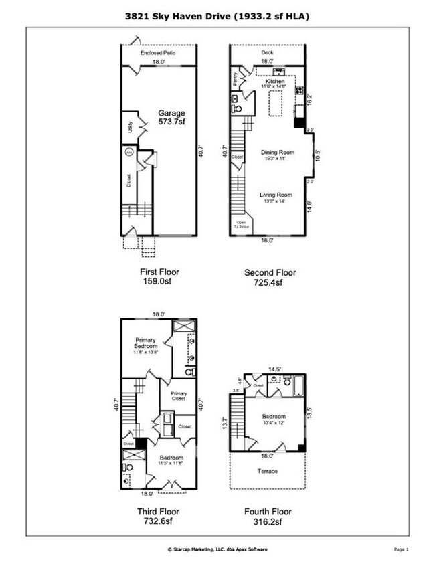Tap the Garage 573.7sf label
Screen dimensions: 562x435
pos(171,118)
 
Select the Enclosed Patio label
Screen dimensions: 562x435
pos(158,52)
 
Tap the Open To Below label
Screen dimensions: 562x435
pos(241,225)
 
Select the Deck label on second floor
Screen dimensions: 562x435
pos(268,52)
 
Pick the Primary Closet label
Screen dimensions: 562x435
pos(179,396)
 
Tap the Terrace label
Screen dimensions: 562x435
pos(268,471)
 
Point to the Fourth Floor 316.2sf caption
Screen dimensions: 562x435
pos(268,517)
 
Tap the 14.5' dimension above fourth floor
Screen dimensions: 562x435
pos(274,369)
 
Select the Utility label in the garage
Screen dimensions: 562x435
pos(129,126)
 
